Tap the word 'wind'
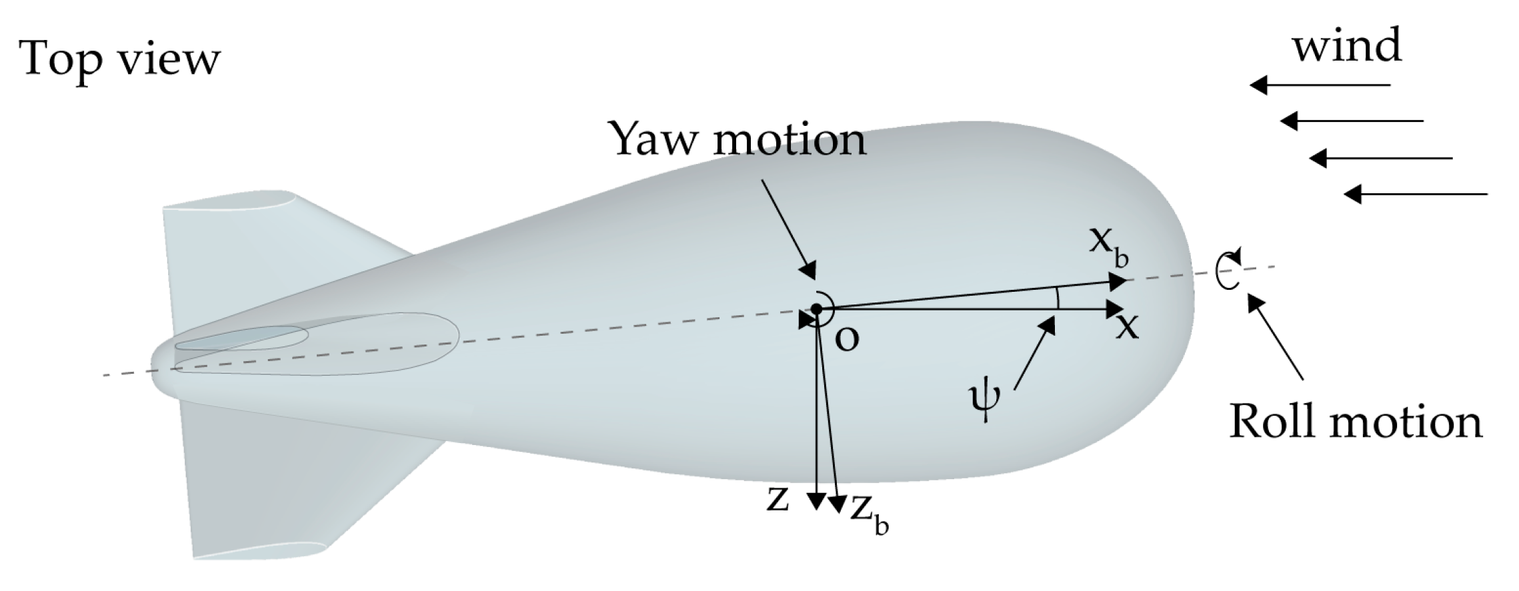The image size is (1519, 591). (x=1347, y=47)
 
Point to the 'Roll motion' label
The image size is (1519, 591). (x=1356, y=422)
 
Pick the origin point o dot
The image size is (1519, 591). (x=816, y=308)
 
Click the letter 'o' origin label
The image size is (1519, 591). (x=847, y=339)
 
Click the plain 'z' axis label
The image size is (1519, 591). (x=778, y=500)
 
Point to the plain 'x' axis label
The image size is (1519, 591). (x=1128, y=326)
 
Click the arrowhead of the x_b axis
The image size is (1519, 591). (x=1118, y=282)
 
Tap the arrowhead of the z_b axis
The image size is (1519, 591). (x=838, y=504)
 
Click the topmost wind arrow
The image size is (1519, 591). (x=1320, y=85)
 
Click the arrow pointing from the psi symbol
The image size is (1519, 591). (x=1034, y=353)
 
